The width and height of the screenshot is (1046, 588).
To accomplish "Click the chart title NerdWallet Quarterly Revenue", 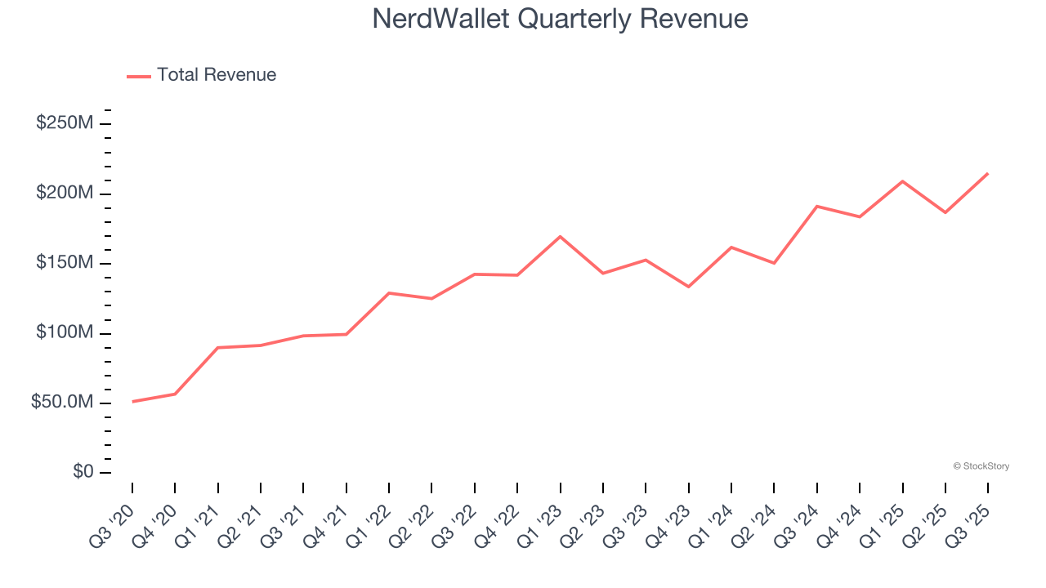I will pyautogui.click(x=560, y=19).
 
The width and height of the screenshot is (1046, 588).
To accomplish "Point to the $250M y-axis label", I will pyautogui.click(x=65, y=123).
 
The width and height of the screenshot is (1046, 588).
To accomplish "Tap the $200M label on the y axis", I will pyautogui.click(x=65, y=194).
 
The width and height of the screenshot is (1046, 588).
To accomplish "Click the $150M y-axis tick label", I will pyautogui.click(x=65, y=263).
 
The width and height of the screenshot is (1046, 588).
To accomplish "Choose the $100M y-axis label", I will pyautogui.click(x=65, y=333).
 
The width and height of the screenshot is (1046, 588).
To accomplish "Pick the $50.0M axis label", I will pyautogui.click(x=61, y=403).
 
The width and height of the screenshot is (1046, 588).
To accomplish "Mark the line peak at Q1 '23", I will pyautogui.click(x=560, y=237).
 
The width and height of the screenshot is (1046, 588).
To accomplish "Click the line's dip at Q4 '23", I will pyautogui.click(x=688, y=287).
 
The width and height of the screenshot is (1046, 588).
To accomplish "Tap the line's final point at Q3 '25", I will pyautogui.click(x=988, y=173).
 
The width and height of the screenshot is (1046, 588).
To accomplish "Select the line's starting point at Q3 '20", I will pyautogui.click(x=132, y=402).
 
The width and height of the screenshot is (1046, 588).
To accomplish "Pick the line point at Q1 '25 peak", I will pyautogui.click(x=902, y=181).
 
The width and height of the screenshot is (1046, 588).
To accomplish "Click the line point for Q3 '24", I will pyautogui.click(x=817, y=207).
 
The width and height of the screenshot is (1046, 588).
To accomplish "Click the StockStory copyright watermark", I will pyautogui.click(x=981, y=466).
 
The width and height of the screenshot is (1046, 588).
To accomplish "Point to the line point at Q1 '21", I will pyautogui.click(x=218, y=348).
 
